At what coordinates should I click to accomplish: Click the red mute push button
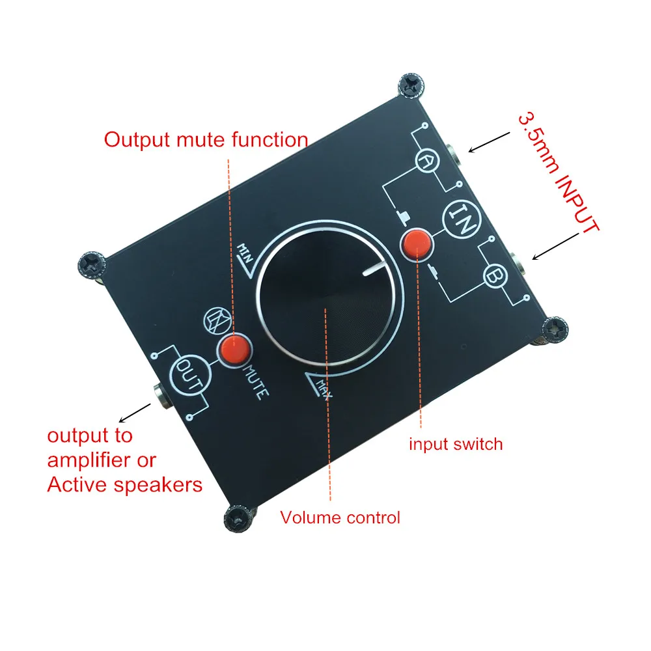point(234,350)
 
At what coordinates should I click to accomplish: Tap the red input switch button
point(417,243)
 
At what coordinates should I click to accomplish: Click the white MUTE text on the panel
point(255,383)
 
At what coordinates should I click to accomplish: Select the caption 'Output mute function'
point(206,140)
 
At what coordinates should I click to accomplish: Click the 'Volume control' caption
point(340,518)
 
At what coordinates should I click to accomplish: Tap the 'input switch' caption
point(456,445)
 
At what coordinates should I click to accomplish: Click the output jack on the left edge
point(159,393)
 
